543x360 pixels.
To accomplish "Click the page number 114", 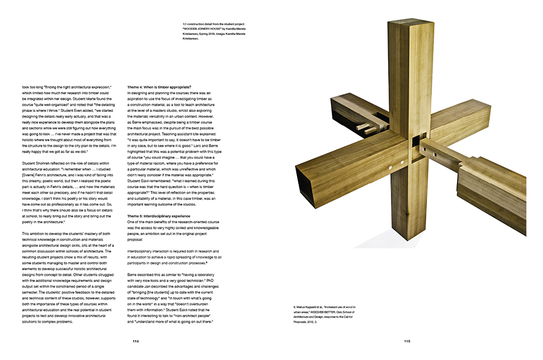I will [x=135, y=341].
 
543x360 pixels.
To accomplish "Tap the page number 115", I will [x=407, y=341].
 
